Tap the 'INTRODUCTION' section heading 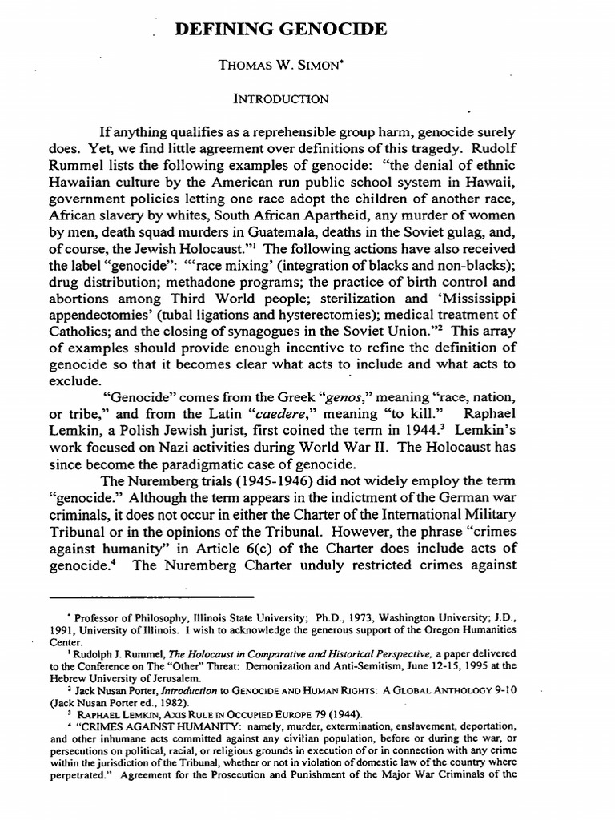(280, 99)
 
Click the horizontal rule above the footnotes (151, 597)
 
